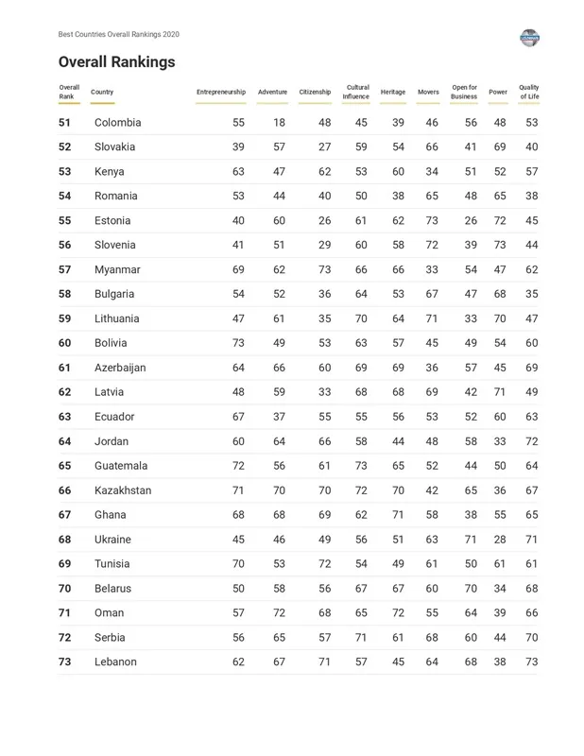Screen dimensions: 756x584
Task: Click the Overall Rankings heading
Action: click(116, 62)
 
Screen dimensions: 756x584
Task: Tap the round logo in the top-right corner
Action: click(529, 38)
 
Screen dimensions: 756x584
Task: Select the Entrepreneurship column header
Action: click(220, 93)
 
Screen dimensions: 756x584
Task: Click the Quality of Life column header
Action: click(529, 92)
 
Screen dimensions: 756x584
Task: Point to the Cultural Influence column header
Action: click(356, 92)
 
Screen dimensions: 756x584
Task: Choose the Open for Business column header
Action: click(464, 92)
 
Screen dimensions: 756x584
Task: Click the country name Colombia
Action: click(117, 123)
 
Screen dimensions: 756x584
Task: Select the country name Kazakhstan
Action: click(122, 490)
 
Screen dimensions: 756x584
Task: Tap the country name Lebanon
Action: click(115, 662)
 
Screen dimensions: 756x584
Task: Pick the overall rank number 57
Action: click(64, 270)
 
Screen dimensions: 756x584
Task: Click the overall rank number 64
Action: click(64, 441)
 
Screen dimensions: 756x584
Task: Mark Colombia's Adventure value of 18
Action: click(279, 123)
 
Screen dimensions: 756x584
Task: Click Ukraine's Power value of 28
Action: click(500, 540)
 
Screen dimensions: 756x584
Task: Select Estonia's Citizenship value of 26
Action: click(325, 221)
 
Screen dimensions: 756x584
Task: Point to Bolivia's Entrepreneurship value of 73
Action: click(238, 343)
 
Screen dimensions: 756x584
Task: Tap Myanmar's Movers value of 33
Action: click(432, 270)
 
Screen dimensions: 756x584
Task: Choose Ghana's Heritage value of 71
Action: click(398, 515)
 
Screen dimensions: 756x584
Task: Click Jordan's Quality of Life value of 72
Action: click(532, 441)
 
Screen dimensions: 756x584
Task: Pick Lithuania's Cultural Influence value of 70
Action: click(361, 319)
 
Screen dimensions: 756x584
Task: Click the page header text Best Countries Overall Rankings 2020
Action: click(118, 35)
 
